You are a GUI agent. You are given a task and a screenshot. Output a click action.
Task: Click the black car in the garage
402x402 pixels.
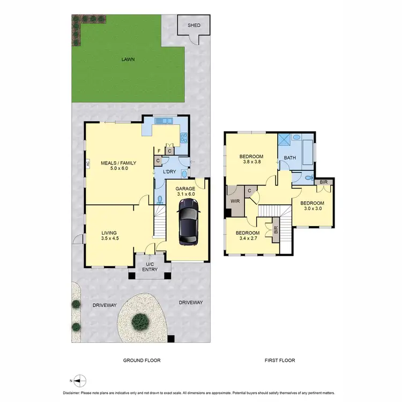tap(188, 221)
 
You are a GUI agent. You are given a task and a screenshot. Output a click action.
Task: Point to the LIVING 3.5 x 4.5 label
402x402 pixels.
tap(110, 236)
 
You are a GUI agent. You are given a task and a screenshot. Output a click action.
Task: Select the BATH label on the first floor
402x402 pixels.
tap(290, 158)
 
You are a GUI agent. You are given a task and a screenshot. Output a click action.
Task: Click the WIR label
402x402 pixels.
tap(234, 201)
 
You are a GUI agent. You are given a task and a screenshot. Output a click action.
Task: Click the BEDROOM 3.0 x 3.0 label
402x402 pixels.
tap(312, 206)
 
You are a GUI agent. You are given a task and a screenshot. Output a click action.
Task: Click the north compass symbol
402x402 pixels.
tap(79, 381)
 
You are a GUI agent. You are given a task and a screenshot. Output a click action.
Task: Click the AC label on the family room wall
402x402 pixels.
tap(87, 165)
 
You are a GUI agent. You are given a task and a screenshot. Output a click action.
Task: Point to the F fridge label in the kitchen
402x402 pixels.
tap(159, 151)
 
